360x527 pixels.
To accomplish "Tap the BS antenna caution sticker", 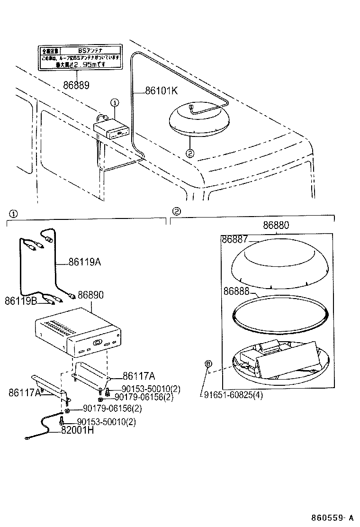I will pos(80,57).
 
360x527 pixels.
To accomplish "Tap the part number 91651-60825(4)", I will pos(234,395).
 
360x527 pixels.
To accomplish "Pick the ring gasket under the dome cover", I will pos(279,313).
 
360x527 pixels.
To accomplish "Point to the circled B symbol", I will pos(207,363).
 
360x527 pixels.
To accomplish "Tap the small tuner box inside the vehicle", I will pos(110,129).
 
